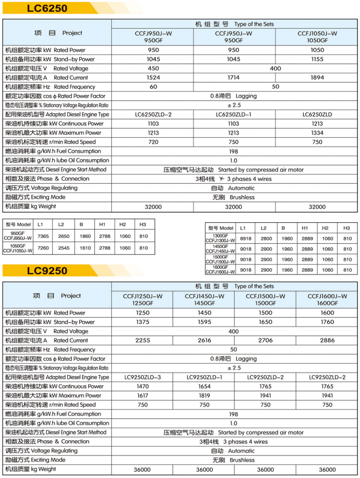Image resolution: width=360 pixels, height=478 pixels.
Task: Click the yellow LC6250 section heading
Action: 47,8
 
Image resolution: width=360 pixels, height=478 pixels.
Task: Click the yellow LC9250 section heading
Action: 47,270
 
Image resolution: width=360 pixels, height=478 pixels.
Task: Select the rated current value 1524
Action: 153,78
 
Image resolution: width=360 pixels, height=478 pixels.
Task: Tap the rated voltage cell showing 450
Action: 153,68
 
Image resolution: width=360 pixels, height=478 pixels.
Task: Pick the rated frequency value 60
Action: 153,87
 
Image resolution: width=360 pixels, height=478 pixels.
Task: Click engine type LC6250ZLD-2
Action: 153,114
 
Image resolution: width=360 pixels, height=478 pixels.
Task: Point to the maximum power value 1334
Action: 317,133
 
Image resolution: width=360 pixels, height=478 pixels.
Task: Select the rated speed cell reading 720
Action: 153,142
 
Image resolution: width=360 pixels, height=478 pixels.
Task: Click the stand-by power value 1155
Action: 317,59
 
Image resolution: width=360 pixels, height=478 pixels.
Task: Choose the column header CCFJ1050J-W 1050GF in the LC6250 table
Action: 317,37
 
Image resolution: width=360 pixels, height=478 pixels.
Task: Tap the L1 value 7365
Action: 44,236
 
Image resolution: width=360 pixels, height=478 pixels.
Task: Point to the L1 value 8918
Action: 243,238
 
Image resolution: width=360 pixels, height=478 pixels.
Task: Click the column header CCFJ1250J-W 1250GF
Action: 142,300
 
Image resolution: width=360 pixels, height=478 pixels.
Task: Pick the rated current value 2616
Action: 205,340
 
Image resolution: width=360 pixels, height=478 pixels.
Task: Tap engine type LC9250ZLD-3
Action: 142,377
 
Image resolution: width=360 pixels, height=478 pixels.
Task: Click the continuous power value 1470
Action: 142,387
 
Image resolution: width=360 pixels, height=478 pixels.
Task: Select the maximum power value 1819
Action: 205,396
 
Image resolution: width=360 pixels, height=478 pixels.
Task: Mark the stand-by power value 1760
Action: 327,322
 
